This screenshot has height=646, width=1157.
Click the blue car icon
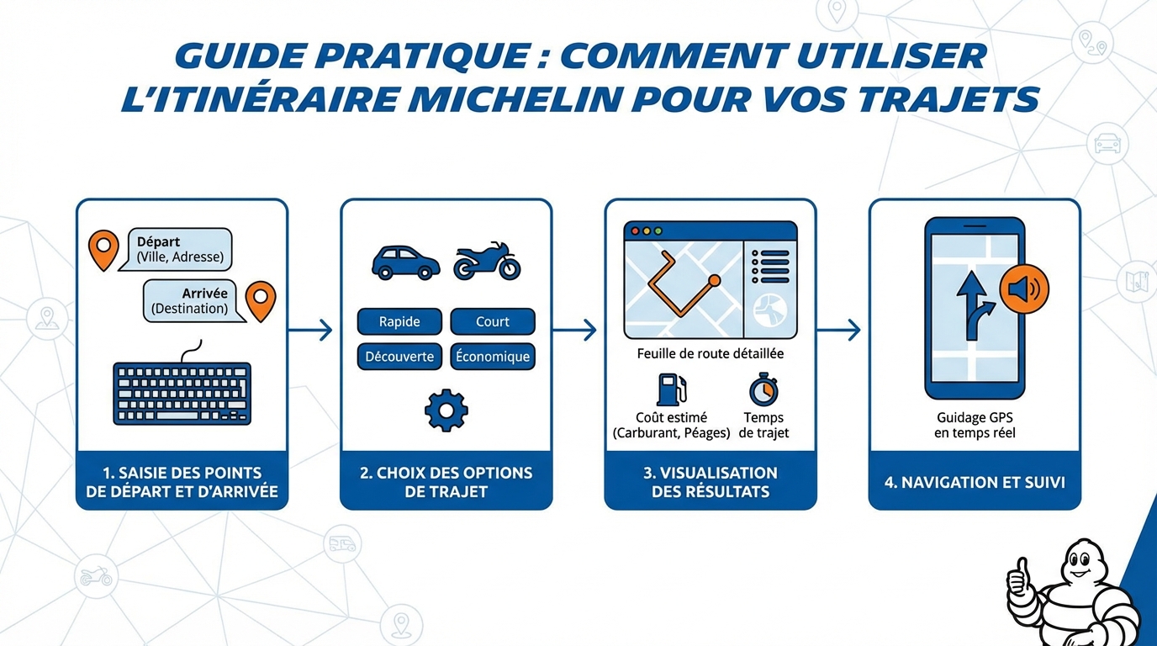tap(405, 262)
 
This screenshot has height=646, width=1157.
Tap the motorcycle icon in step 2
tap(487, 262)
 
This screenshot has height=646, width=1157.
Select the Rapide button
tap(399, 321)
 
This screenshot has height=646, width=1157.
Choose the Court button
tap(493, 321)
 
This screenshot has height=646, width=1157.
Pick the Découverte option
tap(399, 357)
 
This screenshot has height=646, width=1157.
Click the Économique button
tap(493, 357)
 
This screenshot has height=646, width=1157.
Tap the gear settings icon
tap(446, 410)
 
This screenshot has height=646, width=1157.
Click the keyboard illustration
tap(182, 393)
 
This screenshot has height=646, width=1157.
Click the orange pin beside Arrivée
tap(261, 300)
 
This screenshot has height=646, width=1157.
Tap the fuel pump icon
tap(671, 389)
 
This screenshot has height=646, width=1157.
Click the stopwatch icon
tap(763, 389)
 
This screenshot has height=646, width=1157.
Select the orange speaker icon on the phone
tap(1023, 290)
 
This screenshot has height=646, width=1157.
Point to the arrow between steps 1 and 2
tap(311, 330)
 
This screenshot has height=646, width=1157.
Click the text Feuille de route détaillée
tap(711, 354)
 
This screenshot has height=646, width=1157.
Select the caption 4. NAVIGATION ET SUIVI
tap(975, 483)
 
